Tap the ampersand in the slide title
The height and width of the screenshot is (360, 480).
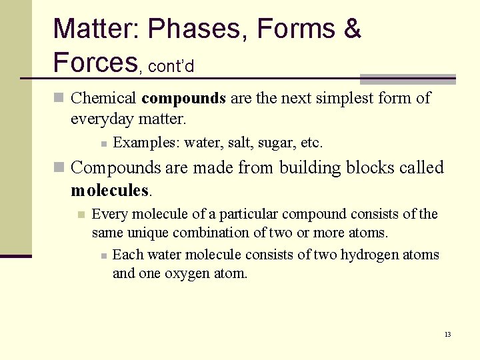pyautogui.click(x=352, y=29)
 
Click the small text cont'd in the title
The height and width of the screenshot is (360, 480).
pyautogui.click(x=171, y=67)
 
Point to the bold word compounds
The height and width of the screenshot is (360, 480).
pyautogui.click(x=184, y=99)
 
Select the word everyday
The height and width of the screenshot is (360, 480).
pyautogui.click(x=100, y=119)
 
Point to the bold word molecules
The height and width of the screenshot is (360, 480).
pyautogui.click(x=110, y=191)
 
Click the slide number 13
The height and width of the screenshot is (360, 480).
pyautogui.click(x=447, y=334)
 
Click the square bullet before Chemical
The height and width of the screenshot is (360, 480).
pyautogui.click(x=59, y=99)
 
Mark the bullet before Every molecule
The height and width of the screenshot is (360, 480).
pyautogui.click(x=81, y=215)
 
